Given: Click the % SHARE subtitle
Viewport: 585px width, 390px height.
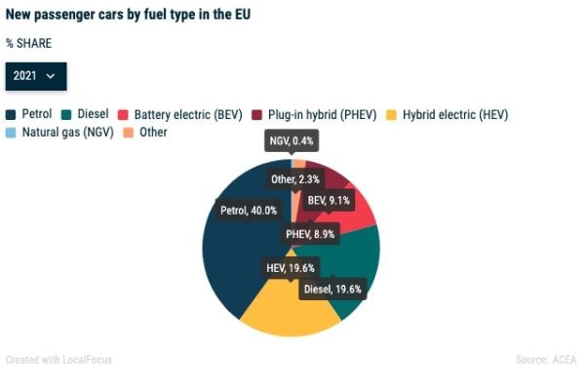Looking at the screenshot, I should pos(28,44).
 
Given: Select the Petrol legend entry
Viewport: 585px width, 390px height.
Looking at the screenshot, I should pos(29,114).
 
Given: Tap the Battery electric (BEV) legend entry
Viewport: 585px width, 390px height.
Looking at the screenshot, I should pos(180,114).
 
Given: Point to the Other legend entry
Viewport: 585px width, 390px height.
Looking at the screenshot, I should pos(145,132).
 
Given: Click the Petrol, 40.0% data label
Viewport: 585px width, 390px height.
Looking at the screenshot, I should pos(248,210).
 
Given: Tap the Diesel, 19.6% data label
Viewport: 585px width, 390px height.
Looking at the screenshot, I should pos(332,290).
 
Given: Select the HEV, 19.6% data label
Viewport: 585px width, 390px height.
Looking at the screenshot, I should pos(292,267).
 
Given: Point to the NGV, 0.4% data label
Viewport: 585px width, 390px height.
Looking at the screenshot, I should pos(292,142).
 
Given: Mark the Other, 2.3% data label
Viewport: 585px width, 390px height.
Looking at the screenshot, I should pos(295,178).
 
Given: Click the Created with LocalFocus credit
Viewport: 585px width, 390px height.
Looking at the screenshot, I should pos(58,360).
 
